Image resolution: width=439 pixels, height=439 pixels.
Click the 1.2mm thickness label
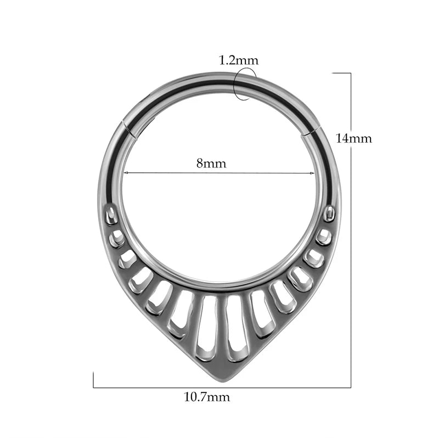(x=239, y=60)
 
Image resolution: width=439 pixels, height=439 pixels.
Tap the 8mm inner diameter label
(x=211, y=163)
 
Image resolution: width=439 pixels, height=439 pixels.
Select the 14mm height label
(x=353, y=138)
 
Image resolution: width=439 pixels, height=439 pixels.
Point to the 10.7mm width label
(x=207, y=397)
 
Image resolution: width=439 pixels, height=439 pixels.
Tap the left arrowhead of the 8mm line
(x=126, y=173)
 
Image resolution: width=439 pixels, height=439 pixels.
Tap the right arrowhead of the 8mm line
(x=312, y=173)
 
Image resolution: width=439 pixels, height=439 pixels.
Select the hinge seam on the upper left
(x=130, y=130)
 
